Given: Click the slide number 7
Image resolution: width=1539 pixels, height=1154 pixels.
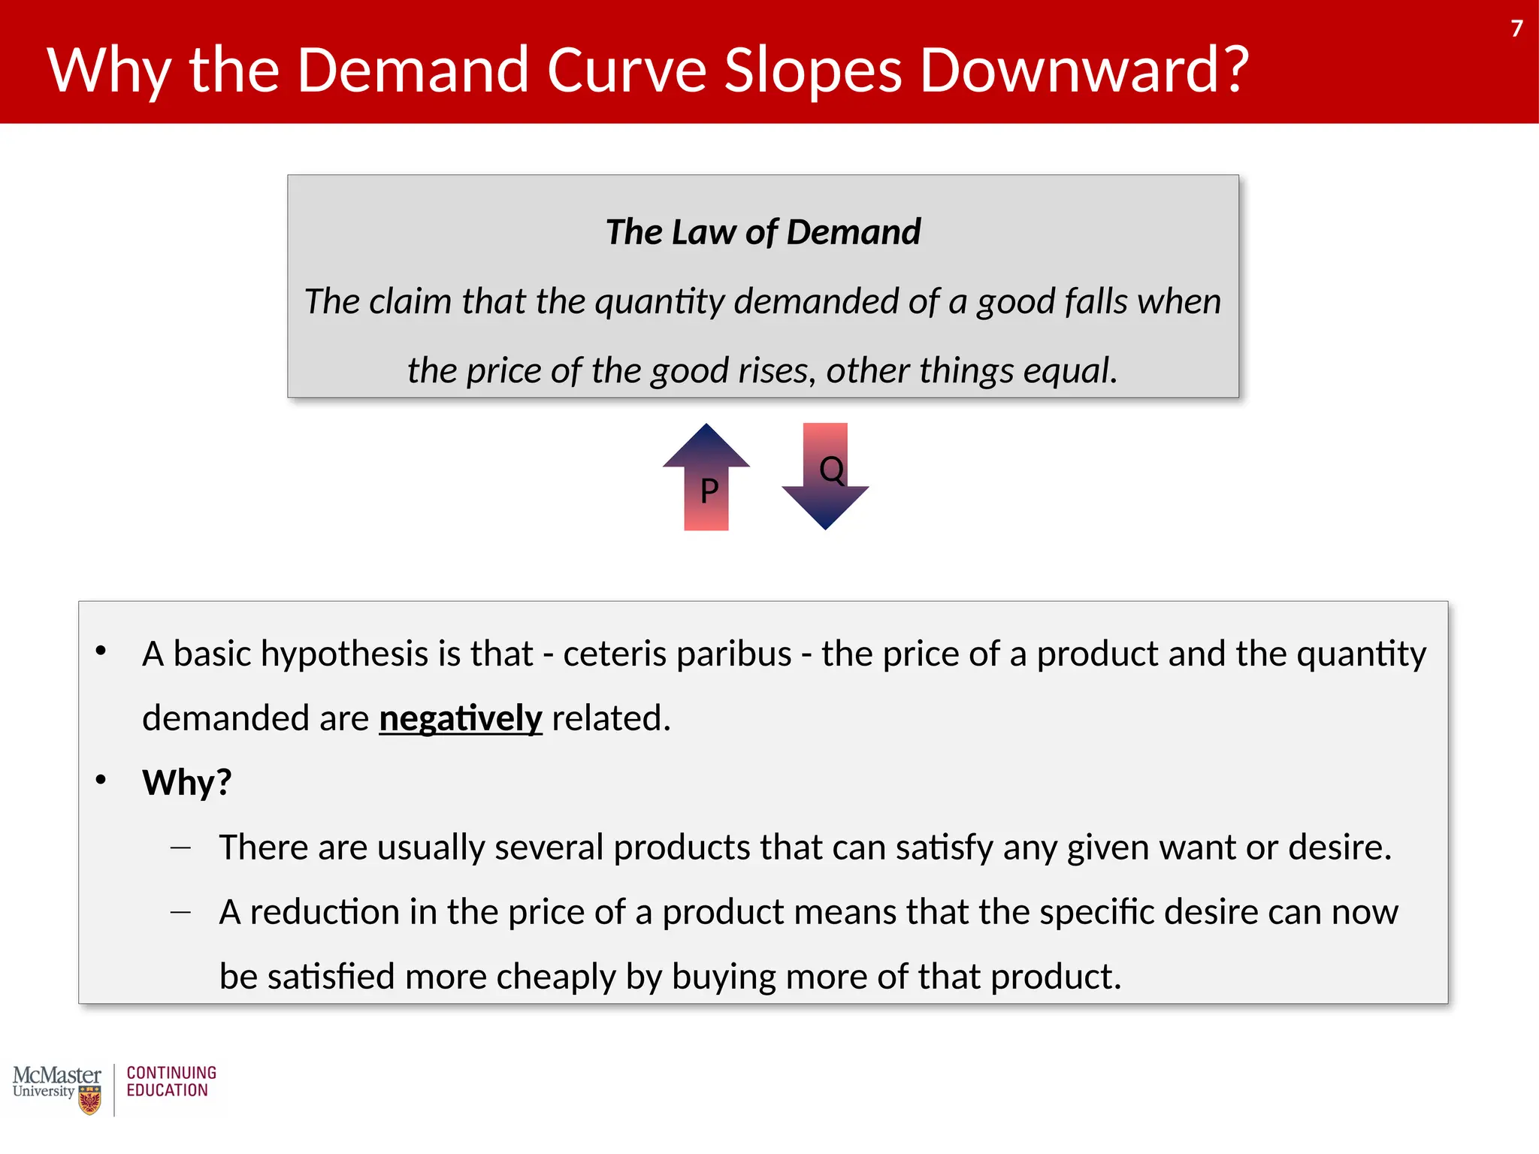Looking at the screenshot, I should tap(1516, 29).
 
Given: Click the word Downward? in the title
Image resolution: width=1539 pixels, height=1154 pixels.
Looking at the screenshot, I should tap(1084, 70).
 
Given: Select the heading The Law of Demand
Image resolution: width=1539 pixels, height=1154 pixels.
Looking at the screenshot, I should tap(763, 231).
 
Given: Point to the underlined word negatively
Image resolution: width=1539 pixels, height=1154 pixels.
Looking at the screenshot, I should tap(460, 718).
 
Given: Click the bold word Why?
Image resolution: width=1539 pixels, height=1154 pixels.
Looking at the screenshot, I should tap(187, 783).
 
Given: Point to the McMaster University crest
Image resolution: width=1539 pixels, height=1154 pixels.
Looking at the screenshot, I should tap(89, 1101).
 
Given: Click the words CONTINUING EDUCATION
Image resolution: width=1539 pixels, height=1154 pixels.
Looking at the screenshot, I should tap(171, 1082).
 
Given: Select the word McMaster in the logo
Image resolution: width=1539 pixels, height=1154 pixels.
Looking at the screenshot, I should tap(57, 1075).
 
